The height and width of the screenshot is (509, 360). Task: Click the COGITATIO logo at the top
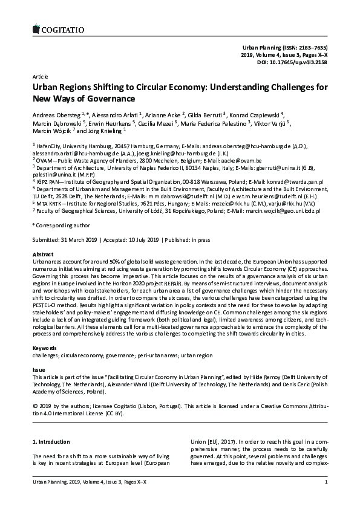[x=57, y=27]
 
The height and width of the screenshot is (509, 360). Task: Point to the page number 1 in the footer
[x=326, y=498]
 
